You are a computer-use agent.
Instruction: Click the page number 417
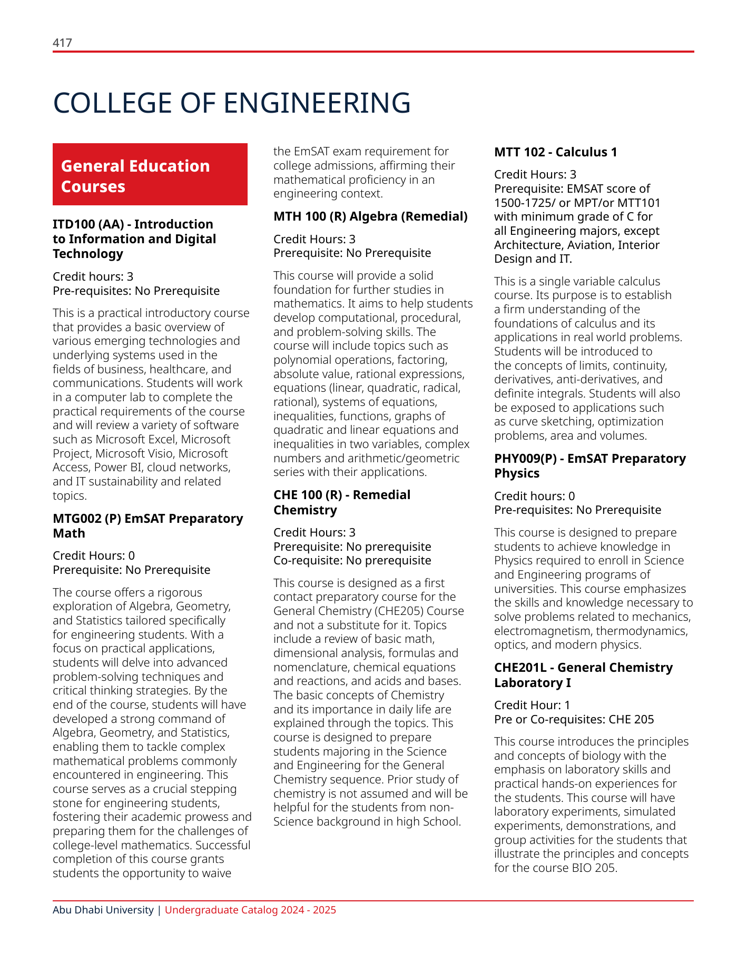62,43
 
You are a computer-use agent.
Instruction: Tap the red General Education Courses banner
150,175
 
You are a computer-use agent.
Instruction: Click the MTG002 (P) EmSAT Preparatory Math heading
148,526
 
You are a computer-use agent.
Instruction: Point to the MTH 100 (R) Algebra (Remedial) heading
370,216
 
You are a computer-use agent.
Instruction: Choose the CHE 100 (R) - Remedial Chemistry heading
341,502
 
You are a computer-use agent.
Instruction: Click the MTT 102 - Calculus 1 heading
555,152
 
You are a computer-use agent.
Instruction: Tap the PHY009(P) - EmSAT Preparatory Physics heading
589,466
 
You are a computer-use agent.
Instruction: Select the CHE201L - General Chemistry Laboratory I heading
583,675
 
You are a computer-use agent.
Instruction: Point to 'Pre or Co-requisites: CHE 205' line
574,719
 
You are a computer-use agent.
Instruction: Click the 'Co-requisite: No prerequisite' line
352,560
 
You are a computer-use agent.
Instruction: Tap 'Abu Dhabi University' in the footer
103,910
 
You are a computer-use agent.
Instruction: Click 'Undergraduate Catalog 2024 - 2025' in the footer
250,910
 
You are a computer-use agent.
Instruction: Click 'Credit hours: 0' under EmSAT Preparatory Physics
534,496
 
